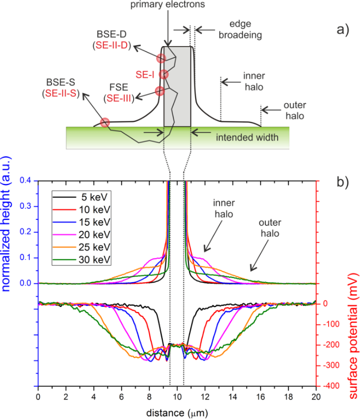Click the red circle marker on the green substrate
pyautogui.click(x=105, y=123)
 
